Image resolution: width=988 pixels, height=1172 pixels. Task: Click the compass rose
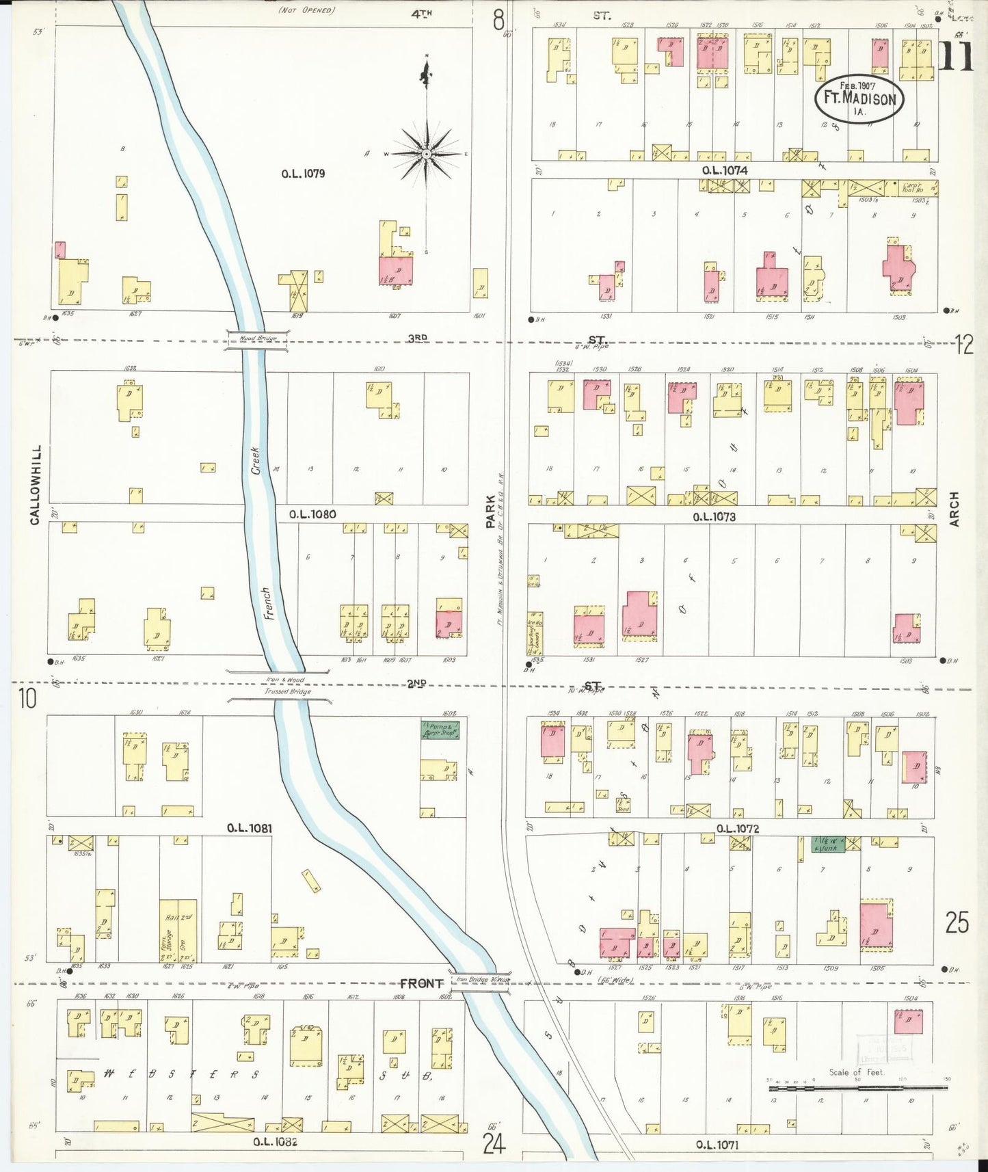pos(426,154)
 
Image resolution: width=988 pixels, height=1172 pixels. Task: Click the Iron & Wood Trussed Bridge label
pos(279,686)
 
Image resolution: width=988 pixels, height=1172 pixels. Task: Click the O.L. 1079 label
pos(303,174)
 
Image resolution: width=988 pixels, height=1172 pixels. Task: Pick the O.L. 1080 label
pos(312,514)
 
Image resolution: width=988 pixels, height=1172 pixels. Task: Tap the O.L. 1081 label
pos(250,828)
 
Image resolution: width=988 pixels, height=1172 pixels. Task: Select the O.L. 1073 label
pos(714,517)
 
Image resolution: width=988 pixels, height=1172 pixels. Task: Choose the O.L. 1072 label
pos(737,829)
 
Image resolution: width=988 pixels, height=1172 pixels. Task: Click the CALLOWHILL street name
pos(35,485)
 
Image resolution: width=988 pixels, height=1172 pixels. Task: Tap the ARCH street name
pos(954,509)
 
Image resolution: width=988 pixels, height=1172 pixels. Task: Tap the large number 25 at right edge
pos(957,923)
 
